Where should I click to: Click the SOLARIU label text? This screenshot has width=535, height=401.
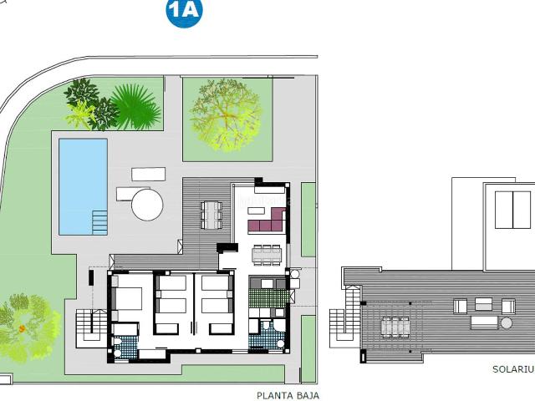pos(512,368)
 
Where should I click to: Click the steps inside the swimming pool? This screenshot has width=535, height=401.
pos(99,222)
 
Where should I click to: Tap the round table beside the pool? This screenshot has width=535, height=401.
pos(147,204)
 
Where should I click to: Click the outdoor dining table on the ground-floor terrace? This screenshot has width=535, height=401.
pos(211,215)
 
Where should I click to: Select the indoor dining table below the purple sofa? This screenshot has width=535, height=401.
pos(267,253)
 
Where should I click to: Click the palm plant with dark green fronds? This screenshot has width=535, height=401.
pos(134,105)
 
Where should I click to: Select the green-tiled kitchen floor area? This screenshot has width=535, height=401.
pos(267,293)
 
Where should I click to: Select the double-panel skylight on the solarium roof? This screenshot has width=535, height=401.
pos(512,210)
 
